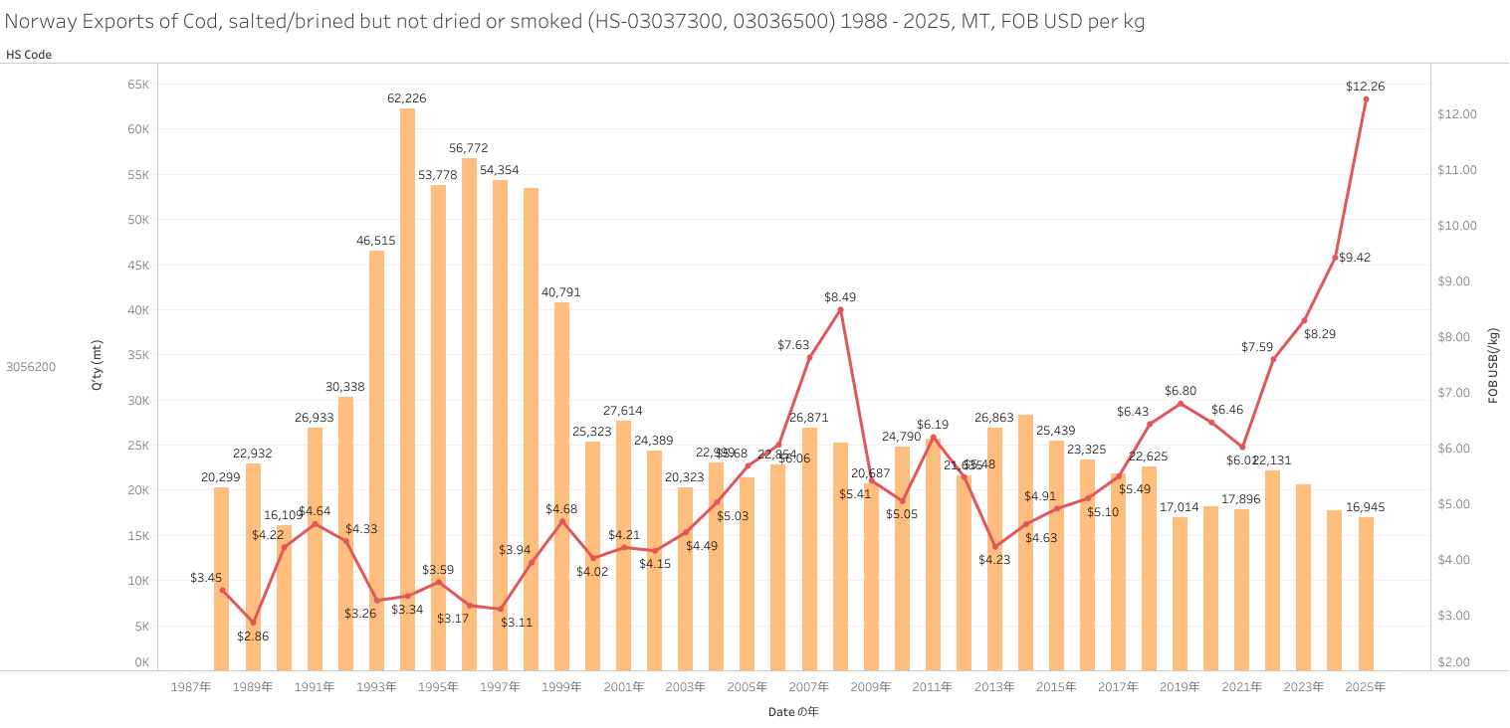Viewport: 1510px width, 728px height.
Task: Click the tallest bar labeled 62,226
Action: [x=407, y=388]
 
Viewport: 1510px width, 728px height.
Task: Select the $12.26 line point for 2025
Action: [x=1366, y=99]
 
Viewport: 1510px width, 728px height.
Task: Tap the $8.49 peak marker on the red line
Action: [x=840, y=309]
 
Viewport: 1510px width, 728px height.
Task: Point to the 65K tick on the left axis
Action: [x=137, y=85]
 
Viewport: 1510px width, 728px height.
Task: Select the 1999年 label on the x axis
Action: [x=561, y=687]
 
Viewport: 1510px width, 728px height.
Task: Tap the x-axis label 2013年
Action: [x=994, y=687]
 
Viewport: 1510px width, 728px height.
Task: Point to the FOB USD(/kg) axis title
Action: [x=1493, y=364]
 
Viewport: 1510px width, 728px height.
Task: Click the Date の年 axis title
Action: [x=793, y=712]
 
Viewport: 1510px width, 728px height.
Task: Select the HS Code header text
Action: [x=29, y=55]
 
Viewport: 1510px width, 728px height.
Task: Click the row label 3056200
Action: [x=31, y=367]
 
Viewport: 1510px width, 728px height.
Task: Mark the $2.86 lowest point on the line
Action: [x=253, y=623]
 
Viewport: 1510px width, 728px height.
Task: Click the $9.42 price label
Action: [x=1355, y=258]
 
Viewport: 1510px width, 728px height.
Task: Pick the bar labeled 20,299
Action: [x=222, y=578]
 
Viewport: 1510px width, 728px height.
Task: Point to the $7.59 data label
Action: [x=1257, y=347]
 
